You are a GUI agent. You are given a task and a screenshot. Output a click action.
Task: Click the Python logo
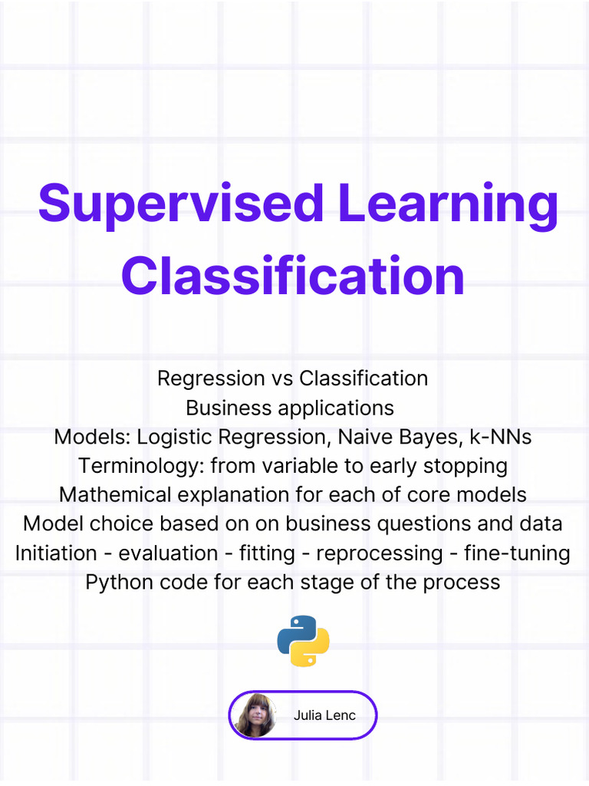point(303,641)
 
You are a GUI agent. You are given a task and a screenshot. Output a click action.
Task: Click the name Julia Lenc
point(324,715)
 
